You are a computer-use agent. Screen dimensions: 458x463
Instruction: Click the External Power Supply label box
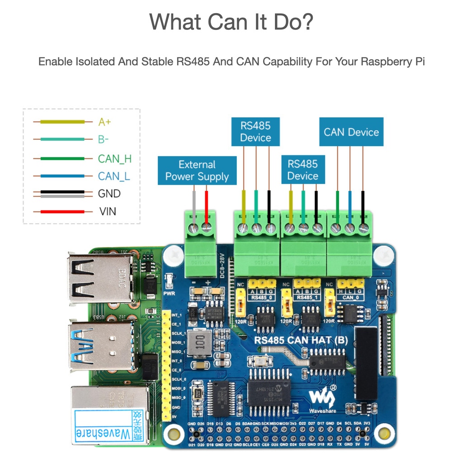(197, 171)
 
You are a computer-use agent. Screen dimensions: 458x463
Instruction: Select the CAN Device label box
(351, 132)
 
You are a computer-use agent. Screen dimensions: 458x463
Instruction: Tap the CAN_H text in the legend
(115, 158)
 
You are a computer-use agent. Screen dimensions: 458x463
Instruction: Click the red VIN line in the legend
(62, 211)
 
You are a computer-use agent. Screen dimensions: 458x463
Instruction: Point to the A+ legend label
(104, 122)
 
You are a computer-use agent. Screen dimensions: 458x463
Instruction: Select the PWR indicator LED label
(168, 293)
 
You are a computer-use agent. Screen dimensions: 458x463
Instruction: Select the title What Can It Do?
(231, 21)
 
